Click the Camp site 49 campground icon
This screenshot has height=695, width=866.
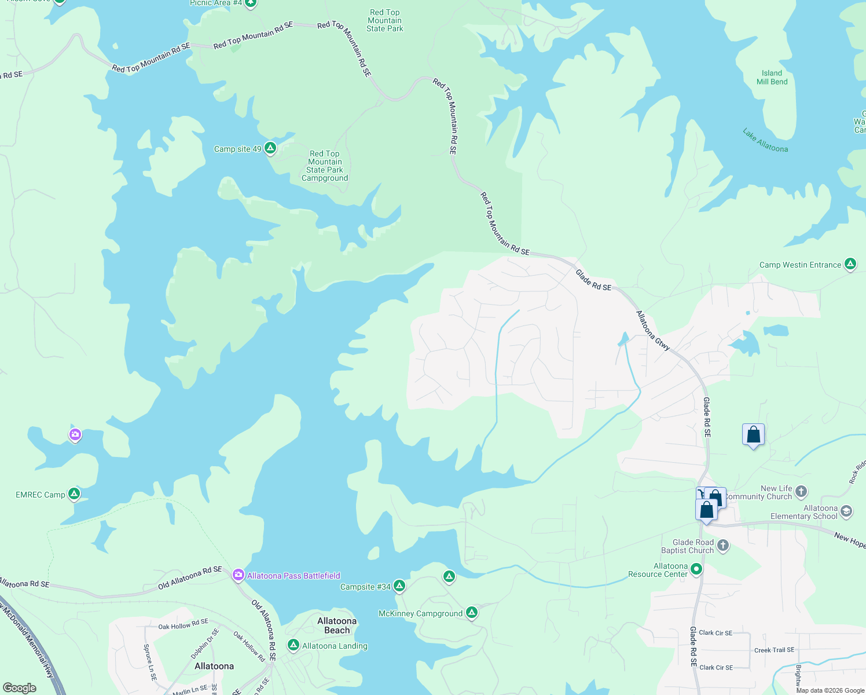(x=270, y=148)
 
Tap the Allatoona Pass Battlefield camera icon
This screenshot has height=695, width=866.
(x=238, y=575)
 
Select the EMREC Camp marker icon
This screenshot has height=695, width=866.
(x=74, y=494)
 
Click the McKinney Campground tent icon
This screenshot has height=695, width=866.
(x=472, y=613)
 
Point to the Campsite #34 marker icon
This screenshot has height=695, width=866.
(x=399, y=586)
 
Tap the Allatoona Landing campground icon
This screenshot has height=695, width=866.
(x=293, y=645)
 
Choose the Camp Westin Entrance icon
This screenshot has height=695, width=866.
(x=850, y=264)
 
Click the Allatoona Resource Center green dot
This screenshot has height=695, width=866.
(x=696, y=569)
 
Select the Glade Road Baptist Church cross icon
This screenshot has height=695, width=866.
(x=722, y=545)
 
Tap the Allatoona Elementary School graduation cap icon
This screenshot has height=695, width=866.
(x=846, y=511)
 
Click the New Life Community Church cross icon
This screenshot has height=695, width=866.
(x=801, y=492)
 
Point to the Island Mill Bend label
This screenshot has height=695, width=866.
(x=772, y=78)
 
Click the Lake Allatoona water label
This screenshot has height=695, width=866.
(x=765, y=141)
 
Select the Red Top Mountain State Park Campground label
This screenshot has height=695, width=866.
(x=325, y=166)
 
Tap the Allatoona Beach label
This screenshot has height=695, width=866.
(x=337, y=625)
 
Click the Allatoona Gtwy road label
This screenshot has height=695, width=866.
(x=653, y=331)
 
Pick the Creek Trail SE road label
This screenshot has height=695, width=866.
(x=774, y=650)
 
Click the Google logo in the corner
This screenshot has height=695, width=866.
(x=20, y=688)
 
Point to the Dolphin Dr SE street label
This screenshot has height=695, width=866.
(x=205, y=643)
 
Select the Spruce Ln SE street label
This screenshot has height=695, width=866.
(x=149, y=662)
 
